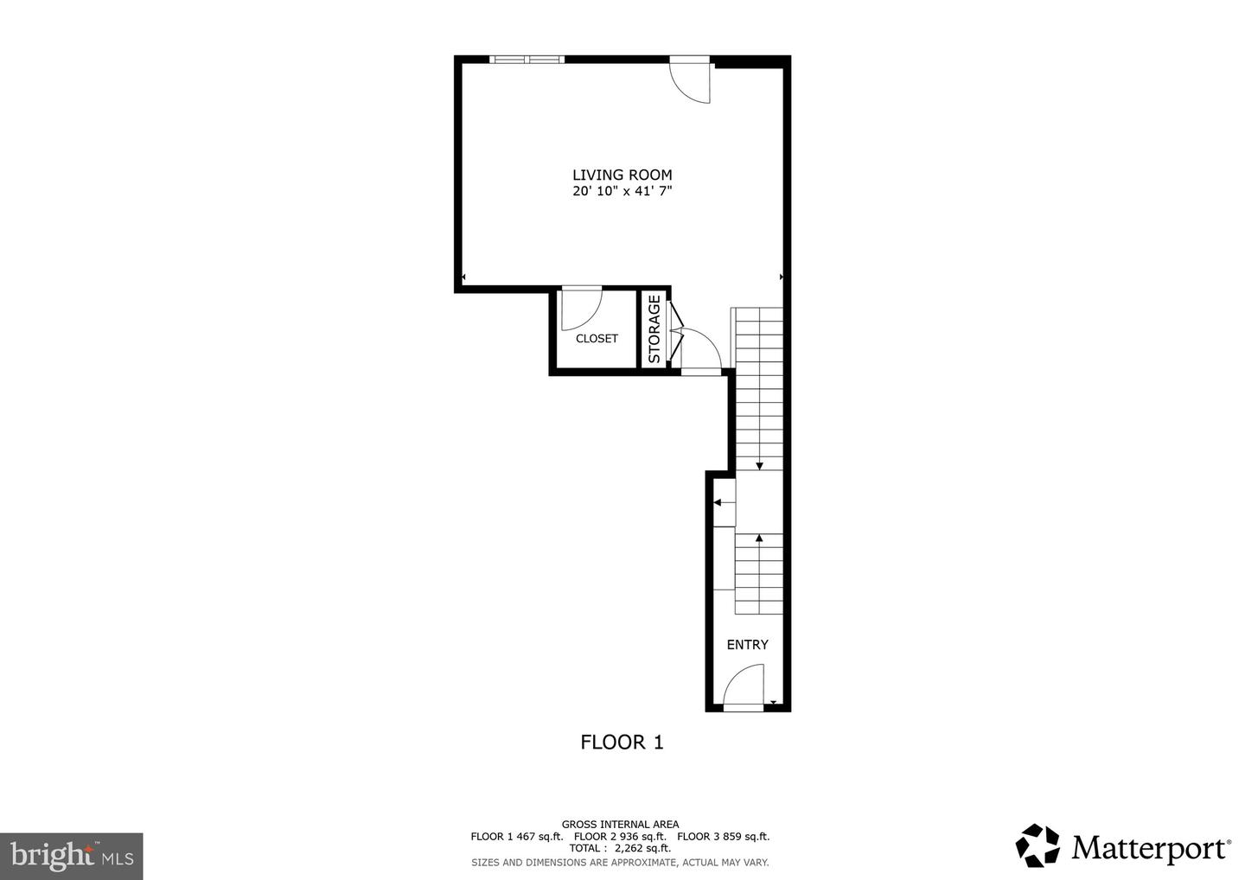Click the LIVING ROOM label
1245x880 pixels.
[x=622, y=175]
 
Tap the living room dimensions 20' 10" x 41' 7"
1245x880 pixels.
[x=622, y=191]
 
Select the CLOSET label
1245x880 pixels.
[x=597, y=338]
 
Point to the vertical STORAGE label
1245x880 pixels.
[x=654, y=329]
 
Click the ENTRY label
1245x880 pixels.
[x=747, y=644]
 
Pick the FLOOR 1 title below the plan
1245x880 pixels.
[x=622, y=742]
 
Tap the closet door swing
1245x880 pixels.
[x=580, y=309]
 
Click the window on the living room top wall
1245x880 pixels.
[x=527, y=60]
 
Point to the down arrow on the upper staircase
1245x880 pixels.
[x=759, y=466]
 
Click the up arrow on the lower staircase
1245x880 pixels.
[x=759, y=539]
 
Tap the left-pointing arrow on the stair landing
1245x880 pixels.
[x=718, y=502]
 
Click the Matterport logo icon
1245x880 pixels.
[x=1037, y=845]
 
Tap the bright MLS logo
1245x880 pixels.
[x=71, y=856]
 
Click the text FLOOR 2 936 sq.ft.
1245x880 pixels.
[x=620, y=836]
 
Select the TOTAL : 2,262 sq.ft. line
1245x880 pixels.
[x=620, y=848]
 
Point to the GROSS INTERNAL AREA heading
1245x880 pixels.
[x=620, y=824]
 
